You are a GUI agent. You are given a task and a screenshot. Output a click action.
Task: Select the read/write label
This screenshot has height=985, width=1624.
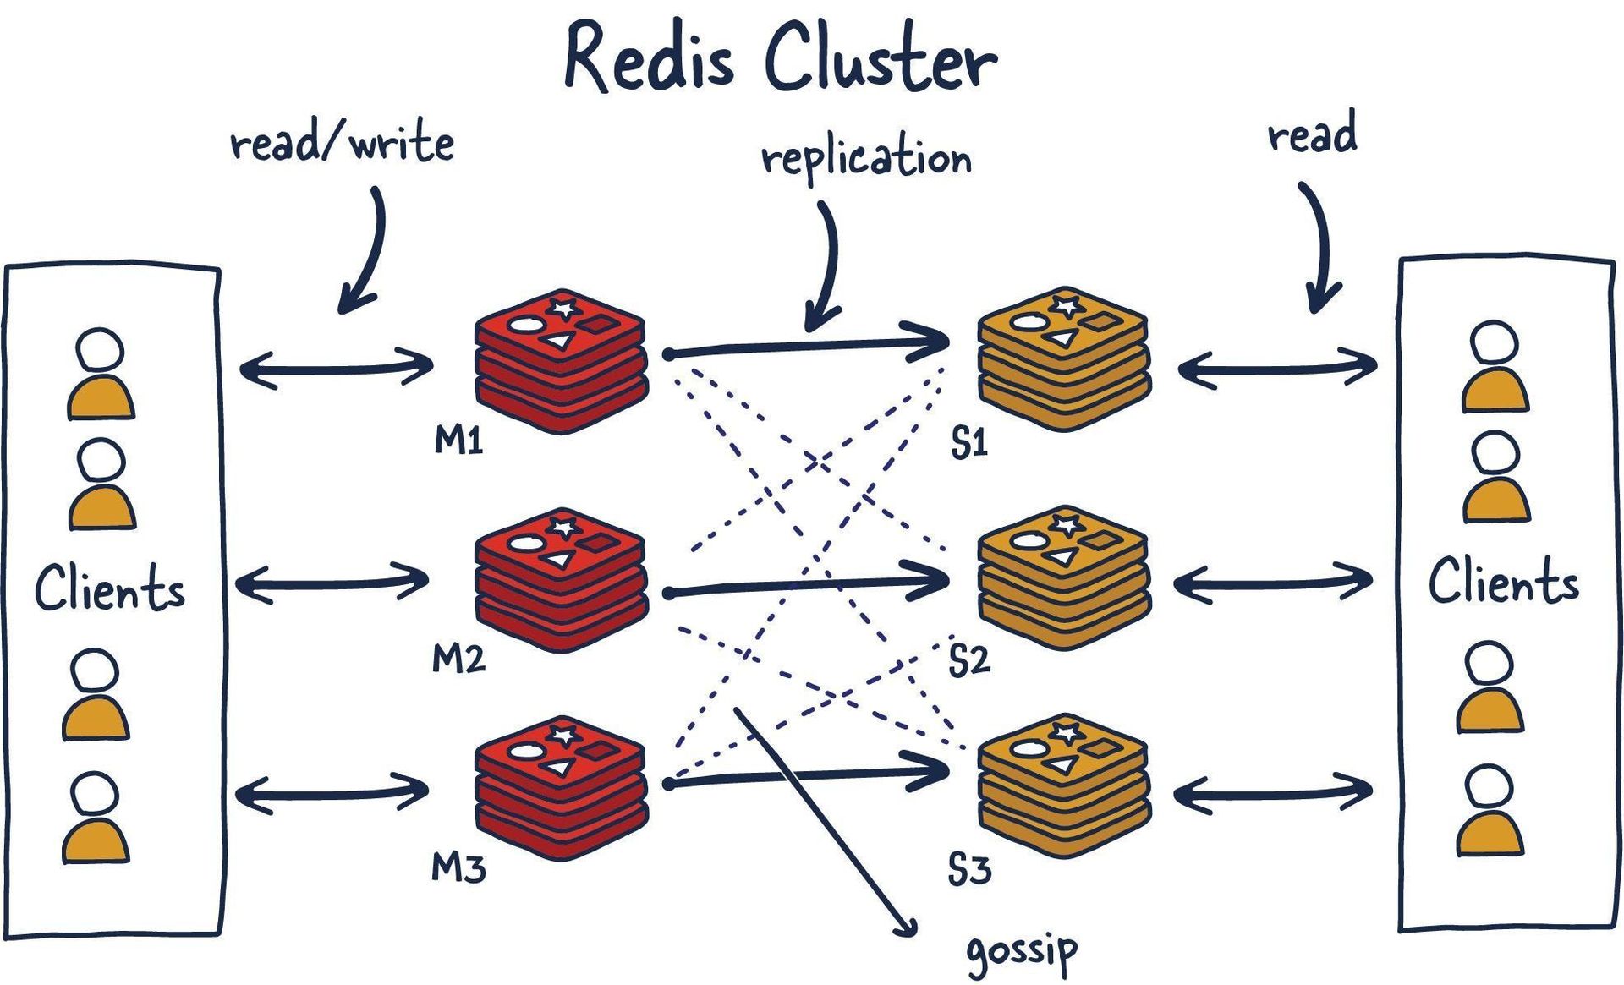point(342,142)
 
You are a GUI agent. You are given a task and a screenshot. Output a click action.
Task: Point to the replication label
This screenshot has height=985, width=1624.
point(866,157)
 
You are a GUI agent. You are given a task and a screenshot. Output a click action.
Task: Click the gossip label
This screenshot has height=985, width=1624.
point(1022,951)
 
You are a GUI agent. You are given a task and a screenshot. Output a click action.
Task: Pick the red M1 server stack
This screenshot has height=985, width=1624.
point(562,362)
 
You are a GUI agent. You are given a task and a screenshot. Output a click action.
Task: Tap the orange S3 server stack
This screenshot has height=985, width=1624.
point(1063,786)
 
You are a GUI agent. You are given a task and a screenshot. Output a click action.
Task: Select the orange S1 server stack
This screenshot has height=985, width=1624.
point(1063,359)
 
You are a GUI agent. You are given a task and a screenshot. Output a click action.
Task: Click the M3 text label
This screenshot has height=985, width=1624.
point(458,867)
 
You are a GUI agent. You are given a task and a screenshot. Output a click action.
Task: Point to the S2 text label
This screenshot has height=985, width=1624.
point(969,660)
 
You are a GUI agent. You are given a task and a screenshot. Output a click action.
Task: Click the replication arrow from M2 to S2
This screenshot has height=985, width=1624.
point(808,585)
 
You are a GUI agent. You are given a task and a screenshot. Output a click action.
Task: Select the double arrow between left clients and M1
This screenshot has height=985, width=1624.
point(337,369)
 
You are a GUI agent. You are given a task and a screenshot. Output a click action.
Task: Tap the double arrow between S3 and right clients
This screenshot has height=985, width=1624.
point(1272,793)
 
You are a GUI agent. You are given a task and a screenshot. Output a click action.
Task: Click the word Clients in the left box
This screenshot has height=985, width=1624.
point(110,588)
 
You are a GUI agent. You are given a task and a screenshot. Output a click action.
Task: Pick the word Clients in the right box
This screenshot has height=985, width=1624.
point(1503,582)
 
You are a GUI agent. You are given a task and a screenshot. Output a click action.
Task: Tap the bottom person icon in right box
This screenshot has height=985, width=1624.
point(1490,810)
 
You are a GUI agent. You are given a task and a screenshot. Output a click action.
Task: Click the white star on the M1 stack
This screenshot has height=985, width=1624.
point(563,306)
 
